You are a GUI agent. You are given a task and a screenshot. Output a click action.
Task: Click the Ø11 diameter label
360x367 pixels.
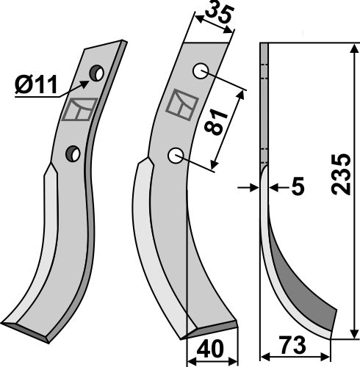pos(36,84)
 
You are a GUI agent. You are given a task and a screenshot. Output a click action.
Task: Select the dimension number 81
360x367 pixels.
pos(216,122)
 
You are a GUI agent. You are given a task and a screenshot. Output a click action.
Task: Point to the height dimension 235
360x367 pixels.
pos(340,174)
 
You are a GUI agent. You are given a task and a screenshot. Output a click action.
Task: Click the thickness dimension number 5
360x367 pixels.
pos(298,186)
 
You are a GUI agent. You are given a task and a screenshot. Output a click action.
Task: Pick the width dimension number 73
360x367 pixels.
pos(292,345)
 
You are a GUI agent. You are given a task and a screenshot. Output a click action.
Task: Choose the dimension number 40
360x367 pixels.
pos(210,349)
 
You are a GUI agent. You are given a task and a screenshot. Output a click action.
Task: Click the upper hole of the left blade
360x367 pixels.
pos(97,73)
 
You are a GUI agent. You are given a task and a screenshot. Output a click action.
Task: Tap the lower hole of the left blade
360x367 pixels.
pos(73,153)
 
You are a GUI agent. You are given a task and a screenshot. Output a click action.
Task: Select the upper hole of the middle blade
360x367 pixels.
pos(201,71)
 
